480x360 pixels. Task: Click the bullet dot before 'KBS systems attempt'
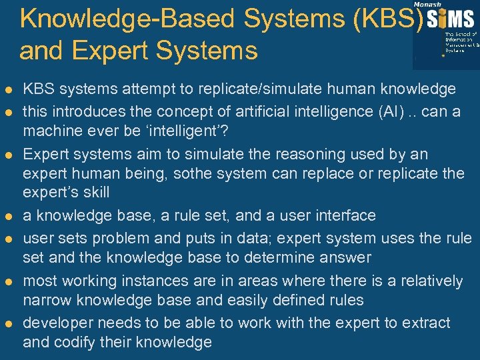click(8, 89)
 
